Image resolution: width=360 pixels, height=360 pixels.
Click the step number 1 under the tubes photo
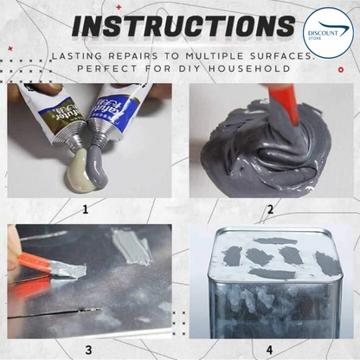tap(86, 209)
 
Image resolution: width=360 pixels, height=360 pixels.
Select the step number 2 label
tap(269, 209)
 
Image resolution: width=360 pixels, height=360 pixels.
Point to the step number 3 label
tap(88, 349)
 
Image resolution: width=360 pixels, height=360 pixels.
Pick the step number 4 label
tap(269, 349)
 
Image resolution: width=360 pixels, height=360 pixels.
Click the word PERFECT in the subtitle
tap(110, 67)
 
